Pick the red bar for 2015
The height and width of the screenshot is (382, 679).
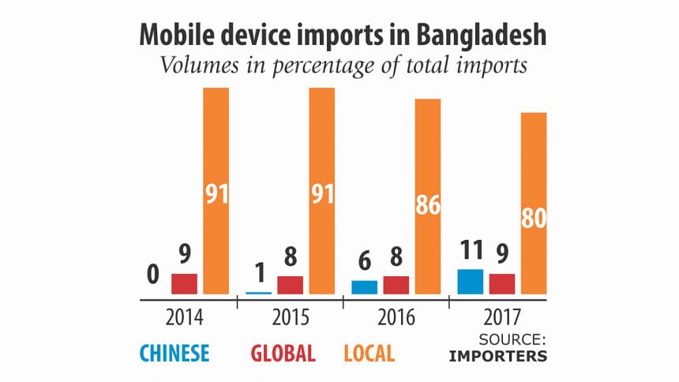290,285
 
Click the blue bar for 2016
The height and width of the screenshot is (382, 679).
364,287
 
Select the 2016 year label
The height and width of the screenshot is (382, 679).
396,318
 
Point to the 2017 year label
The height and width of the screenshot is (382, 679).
502,318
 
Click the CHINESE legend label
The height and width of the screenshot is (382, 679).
174,353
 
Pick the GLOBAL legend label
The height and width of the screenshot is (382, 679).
283,353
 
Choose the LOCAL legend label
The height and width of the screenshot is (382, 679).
369,353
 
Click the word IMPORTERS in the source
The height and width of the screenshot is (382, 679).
497,356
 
